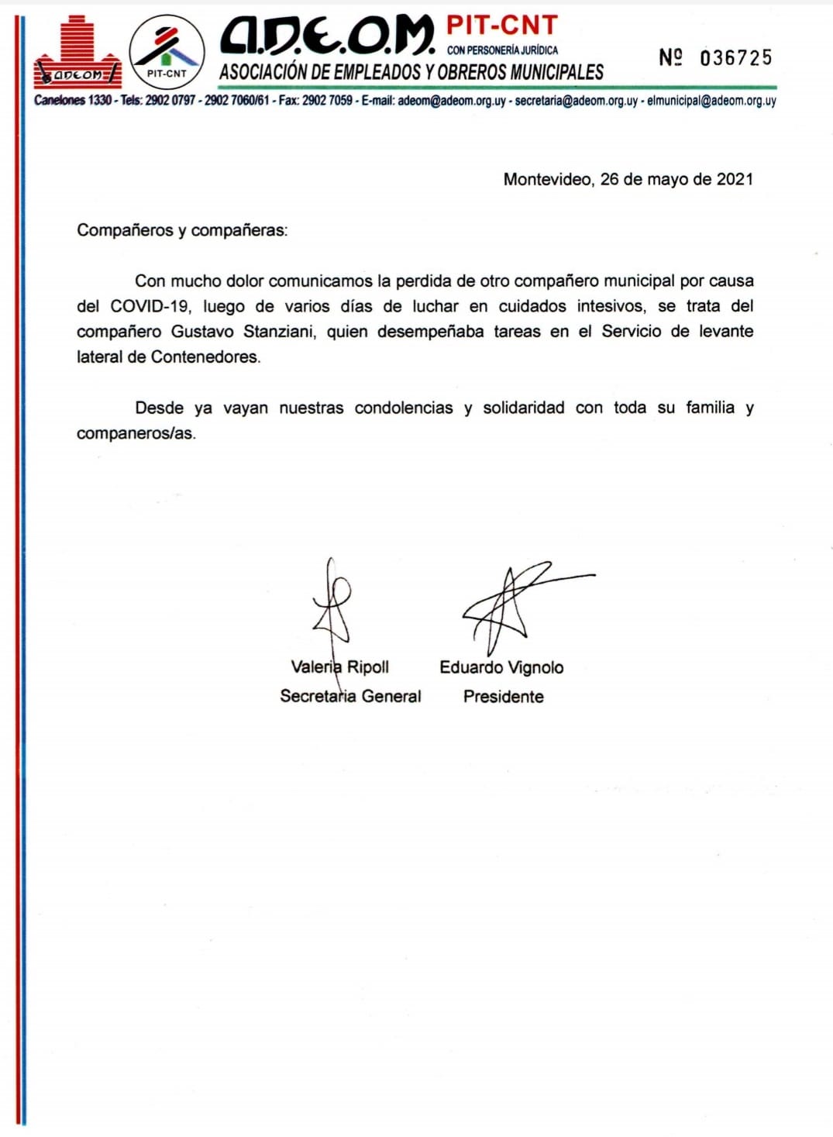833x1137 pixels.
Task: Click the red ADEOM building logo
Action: pyautogui.click(x=77, y=53)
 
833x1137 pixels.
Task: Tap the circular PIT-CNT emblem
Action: pyautogui.click(x=167, y=51)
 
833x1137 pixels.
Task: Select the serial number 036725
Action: pyautogui.click(x=735, y=58)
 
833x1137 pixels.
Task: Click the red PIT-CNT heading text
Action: pyautogui.click(x=502, y=26)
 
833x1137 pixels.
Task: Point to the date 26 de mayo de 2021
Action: pyautogui.click(x=676, y=179)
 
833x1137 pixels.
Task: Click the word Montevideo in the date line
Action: pyautogui.click(x=546, y=179)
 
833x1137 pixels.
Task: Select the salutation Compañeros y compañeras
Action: pyautogui.click(x=182, y=230)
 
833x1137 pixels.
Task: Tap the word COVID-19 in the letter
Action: pyautogui.click(x=150, y=306)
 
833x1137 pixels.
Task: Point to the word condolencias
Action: pyautogui.click(x=404, y=408)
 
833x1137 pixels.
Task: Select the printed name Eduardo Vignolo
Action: pyautogui.click(x=501, y=667)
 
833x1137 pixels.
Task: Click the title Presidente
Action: pyautogui.click(x=503, y=696)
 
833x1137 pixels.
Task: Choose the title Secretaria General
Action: pyautogui.click(x=350, y=696)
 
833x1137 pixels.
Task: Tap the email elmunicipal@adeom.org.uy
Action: pyautogui.click(x=711, y=101)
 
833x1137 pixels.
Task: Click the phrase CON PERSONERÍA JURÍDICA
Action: pyautogui.click(x=502, y=50)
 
